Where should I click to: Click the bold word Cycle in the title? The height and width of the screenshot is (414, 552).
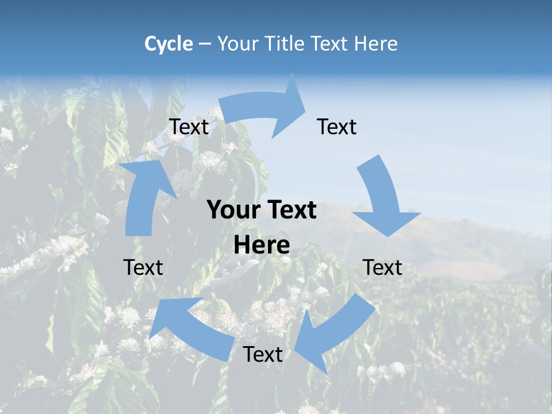point(168,44)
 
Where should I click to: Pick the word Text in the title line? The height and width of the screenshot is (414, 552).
point(330,44)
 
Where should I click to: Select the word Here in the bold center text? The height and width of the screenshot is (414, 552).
point(262,246)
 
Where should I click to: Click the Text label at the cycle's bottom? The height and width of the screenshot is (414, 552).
point(263,355)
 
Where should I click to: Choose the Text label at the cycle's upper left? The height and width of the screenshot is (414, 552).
point(189,127)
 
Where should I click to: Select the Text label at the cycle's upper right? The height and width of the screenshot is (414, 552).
point(337,127)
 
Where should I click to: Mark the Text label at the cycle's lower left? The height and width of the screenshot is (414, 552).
point(143,267)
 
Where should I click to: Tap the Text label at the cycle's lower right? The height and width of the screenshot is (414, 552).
point(382,267)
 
